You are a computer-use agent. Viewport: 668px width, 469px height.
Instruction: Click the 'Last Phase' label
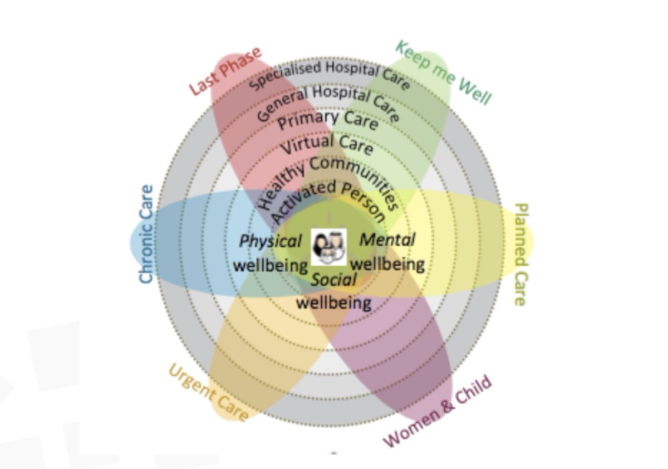pos(225,72)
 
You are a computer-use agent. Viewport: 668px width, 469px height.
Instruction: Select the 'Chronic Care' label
pos(146,234)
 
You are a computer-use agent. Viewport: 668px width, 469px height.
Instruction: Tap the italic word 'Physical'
pos(271,241)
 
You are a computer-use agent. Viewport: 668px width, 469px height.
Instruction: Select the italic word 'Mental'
pos(387,240)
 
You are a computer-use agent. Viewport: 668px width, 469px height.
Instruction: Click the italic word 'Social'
pos(333,280)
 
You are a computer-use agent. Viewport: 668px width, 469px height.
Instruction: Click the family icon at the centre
pos(328,247)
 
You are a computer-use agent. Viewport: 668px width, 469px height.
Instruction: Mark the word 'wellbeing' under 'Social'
pos(333,302)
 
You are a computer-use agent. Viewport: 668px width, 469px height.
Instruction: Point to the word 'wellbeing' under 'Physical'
pos(271,265)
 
